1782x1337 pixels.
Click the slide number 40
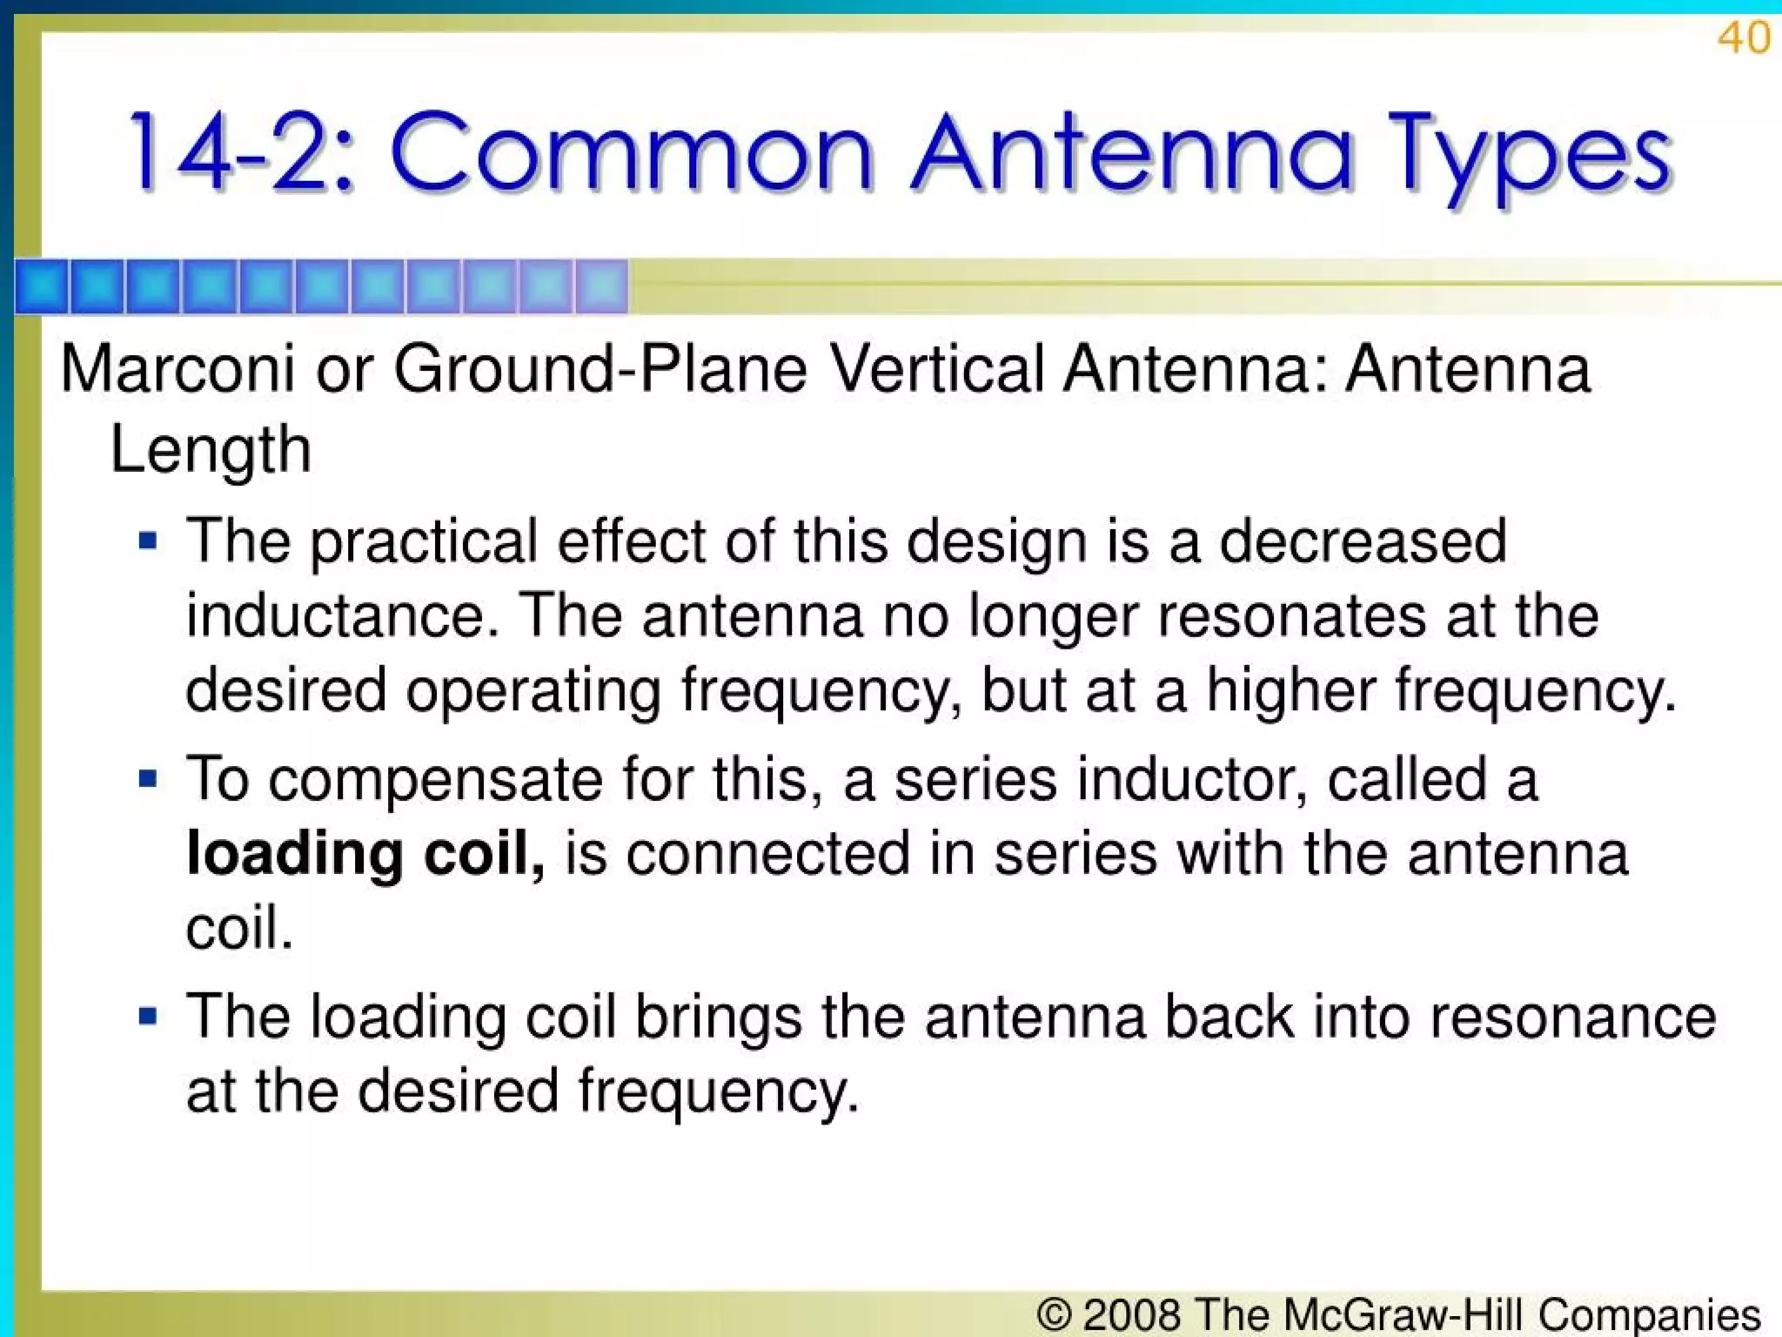click(x=1744, y=39)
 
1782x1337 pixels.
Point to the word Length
click(x=211, y=450)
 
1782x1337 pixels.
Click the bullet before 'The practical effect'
click(x=148, y=542)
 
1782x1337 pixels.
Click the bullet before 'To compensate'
click(x=148, y=777)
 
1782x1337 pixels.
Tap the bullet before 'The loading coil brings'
click(x=148, y=1015)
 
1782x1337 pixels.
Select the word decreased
click(x=1363, y=541)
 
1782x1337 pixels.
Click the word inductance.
click(x=335, y=615)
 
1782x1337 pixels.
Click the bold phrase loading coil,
click(x=365, y=854)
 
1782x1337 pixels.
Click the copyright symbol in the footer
click(x=1054, y=1313)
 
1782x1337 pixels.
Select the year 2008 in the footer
click(x=1131, y=1313)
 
